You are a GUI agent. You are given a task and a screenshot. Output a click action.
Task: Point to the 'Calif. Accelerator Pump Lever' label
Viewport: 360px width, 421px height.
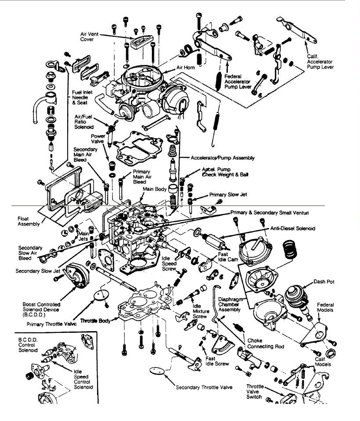320,62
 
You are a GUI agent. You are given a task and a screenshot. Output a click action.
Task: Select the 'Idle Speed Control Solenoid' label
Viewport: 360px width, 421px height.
83,379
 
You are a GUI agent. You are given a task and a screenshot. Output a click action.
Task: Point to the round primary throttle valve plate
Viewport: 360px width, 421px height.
101,295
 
